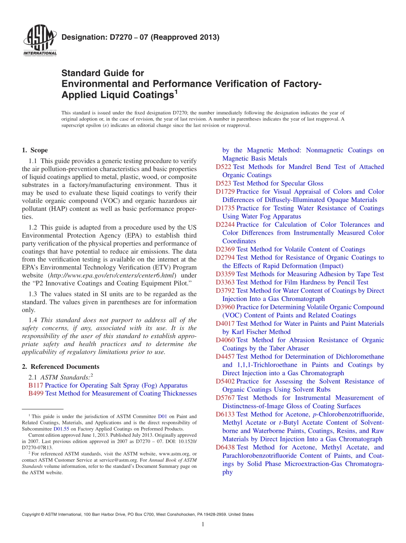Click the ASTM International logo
point(39,41)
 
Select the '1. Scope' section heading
point(35,150)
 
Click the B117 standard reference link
point(35,385)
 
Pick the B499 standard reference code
point(35,394)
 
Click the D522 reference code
point(224,167)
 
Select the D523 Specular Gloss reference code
point(224,184)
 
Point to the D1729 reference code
point(225,192)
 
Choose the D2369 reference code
point(225,249)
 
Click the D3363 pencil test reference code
point(225,282)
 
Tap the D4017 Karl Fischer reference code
point(225,324)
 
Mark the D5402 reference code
point(225,381)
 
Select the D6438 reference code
point(225,447)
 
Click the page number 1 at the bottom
point(203,525)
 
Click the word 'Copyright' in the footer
point(32,514)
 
